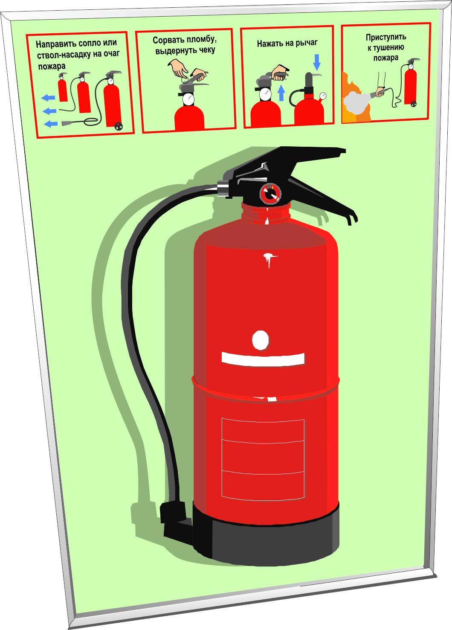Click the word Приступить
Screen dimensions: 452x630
coord(386,37)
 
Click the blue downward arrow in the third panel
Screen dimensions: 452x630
coord(317,62)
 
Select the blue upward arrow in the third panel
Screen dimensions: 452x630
coord(281,93)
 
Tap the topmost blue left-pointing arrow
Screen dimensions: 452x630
coord(48,98)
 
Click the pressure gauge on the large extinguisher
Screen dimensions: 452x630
coord(270,193)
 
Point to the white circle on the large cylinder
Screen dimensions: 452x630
coord(261,340)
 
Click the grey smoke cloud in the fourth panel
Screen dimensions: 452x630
coord(357,102)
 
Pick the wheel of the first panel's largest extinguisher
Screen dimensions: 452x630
coord(119,126)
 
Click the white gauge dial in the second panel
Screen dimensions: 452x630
coord(188,99)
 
